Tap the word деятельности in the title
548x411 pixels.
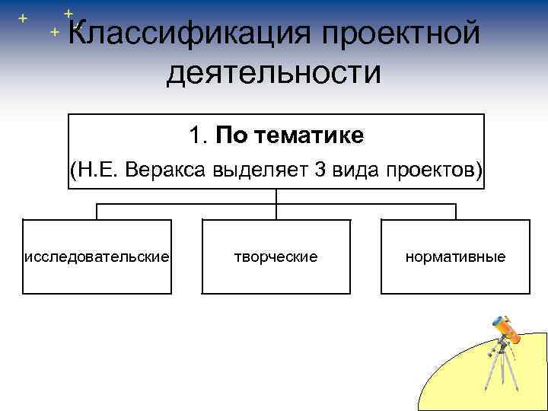point(273,73)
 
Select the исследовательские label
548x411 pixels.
point(97,256)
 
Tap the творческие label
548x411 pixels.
point(276,256)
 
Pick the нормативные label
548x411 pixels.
point(455,256)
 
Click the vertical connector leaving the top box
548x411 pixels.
point(276,195)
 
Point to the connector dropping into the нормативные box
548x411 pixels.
point(455,212)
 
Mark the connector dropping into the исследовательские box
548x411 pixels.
point(97,212)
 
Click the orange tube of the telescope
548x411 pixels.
point(505,330)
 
